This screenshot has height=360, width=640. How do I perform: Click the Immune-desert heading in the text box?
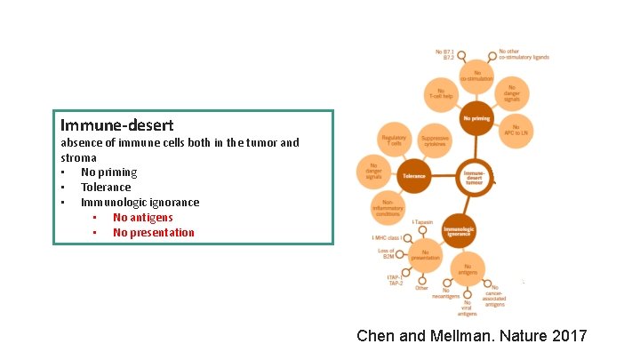pos(116,125)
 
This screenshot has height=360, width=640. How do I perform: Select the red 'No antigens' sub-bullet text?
pos(142,218)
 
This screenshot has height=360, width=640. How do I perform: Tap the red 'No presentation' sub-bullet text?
pos(153,233)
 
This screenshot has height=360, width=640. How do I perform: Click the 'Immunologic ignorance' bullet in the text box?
pos(140,203)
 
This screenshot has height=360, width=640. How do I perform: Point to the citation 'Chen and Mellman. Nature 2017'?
pos(471,336)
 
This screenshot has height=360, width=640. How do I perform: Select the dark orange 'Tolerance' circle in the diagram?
pos(414,176)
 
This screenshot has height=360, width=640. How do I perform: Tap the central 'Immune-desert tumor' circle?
pos(475,176)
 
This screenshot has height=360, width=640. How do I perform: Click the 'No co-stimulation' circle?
pos(476,76)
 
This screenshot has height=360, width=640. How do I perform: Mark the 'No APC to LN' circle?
pos(516,131)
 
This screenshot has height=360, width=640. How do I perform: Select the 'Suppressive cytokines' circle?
pos(435,140)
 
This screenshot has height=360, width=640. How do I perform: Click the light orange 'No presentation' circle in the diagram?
pos(426,255)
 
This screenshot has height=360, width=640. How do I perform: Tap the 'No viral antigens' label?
pos(468,308)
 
